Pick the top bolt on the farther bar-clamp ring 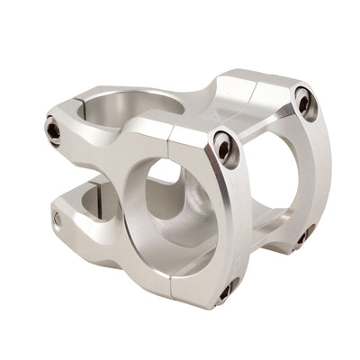(304, 103)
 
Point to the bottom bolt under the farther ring (300, 237)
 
